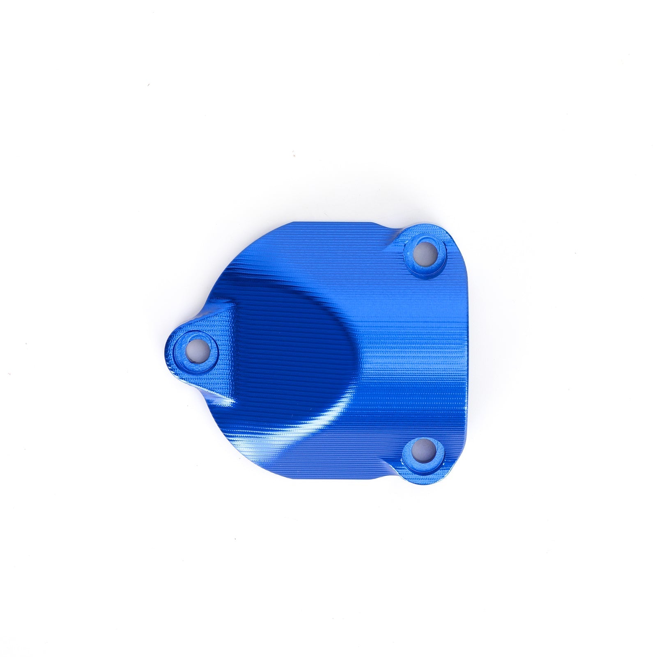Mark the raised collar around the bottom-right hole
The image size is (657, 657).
coord(411,460)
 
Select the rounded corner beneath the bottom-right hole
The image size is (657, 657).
coord(431,476)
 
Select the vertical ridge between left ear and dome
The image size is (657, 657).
coord(233,353)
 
